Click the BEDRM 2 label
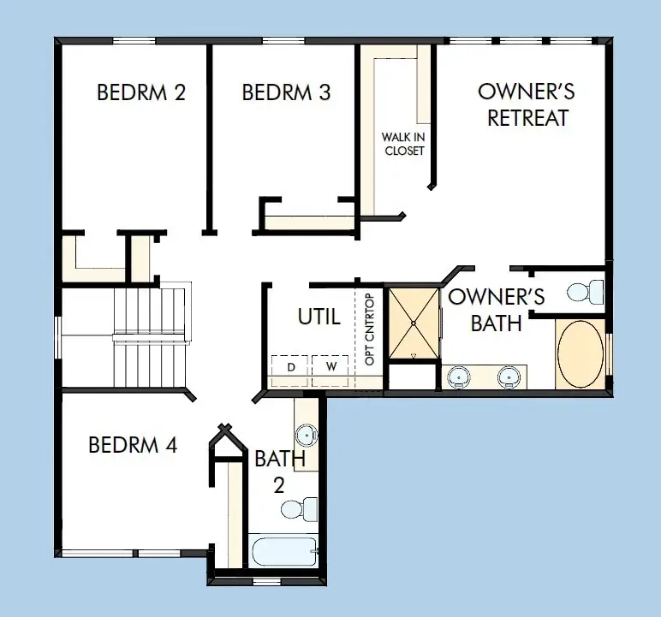[x=141, y=92]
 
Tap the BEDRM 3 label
[x=286, y=92]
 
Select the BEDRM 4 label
[x=133, y=445]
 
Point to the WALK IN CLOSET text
[x=403, y=144]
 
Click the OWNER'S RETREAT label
[x=527, y=104]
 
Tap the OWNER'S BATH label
[x=497, y=310]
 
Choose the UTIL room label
[x=319, y=317]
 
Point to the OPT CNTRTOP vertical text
[x=370, y=329]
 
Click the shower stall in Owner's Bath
[x=414, y=323]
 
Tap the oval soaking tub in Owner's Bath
[x=580, y=353]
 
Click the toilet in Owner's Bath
[x=586, y=292]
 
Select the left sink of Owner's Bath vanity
[x=460, y=375]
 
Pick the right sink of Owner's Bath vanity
[x=509, y=375]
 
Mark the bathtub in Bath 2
[x=283, y=549]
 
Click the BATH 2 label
[x=279, y=472]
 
